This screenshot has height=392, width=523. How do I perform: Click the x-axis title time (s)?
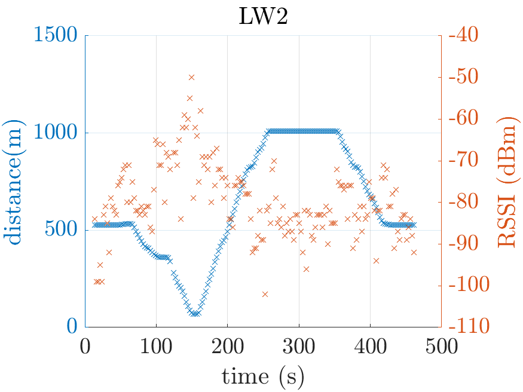tap(263, 376)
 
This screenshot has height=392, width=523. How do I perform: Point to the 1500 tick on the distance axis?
tap(56, 36)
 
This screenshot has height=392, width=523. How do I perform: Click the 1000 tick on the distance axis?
tap(56, 133)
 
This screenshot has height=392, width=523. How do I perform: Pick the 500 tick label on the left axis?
tap(62, 230)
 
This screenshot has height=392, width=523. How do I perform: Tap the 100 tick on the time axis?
tap(157, 346)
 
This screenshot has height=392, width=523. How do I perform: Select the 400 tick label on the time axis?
tap(370, 346)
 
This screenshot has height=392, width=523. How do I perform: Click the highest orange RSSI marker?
tap(192, 77)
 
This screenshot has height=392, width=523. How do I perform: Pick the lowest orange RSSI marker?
tap(265, 294)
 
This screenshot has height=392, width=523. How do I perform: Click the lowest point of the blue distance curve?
tap(195, 313)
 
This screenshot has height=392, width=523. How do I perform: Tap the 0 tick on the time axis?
tap(85, 346)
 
